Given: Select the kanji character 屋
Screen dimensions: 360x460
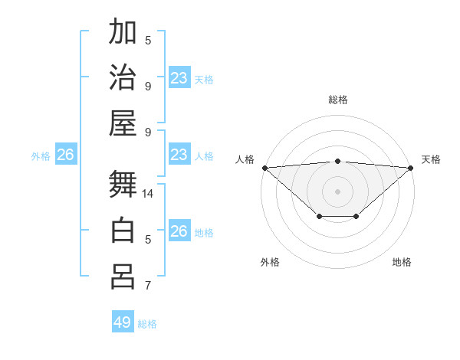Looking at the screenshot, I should [x=123, y=123].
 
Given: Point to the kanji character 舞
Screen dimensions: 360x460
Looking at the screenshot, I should [x=123, y=185].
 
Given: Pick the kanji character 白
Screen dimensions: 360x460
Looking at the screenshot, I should [x=123, y=230].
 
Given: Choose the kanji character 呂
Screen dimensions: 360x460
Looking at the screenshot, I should [x=123, y=276].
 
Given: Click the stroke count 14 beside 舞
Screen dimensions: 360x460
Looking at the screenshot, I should [x=148, y=194].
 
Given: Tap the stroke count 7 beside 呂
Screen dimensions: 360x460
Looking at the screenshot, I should [x=148, y=286].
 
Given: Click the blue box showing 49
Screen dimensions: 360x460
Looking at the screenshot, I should [x=123, y=322].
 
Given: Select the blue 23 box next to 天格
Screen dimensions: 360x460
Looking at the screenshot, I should [x=179, y=78].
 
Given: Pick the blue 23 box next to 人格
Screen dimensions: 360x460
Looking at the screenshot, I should [x=179, y=155].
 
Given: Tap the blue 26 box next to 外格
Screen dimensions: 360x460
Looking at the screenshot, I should [x=65, y=155].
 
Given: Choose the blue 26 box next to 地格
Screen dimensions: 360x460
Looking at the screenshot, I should [x=179, y=231].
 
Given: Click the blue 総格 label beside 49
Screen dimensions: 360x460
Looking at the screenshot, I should [x=147, y=324].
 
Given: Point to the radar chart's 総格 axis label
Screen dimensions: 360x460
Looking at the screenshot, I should [x=337, y=100].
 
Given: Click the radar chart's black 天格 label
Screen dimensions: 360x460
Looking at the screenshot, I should [x=431, y=159].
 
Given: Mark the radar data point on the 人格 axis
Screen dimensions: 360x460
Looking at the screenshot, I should [x=264, y=167].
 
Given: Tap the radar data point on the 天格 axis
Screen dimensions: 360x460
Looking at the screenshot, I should [x=411, y=167].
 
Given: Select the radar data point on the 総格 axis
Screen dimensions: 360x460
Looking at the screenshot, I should [x=337, y=161].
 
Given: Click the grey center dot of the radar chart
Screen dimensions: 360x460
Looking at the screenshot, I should [x=337, y=191].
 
